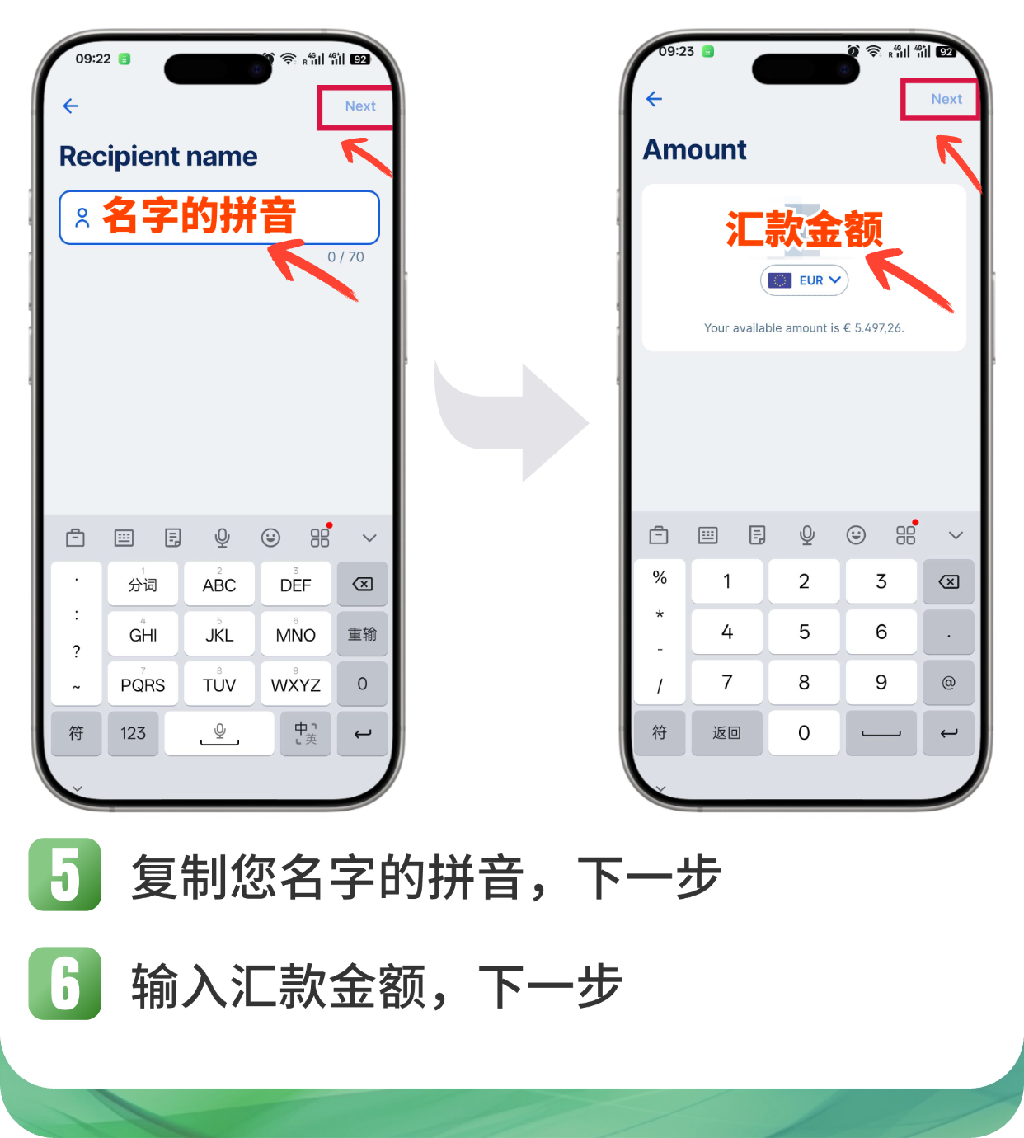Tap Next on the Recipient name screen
tap(360, 106)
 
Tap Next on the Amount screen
tap(946, 99)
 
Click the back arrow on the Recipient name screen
tap(71, 106)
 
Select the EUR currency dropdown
tap(804, 280)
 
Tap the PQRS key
tap(143, 683)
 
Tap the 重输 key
tap(362, 633)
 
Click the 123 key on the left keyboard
tap(133, 733)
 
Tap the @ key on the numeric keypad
tap(948, 682)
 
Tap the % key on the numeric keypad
tap(660, 577)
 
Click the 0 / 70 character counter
tap(345, 257)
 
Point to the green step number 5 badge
tap(64, 874)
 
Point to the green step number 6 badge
tap(64, 983)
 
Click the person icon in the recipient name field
tap(82, 218)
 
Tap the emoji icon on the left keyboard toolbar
tap(270, 537)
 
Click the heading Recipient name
tap(158, 157)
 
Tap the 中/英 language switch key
tap(305, 733)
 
